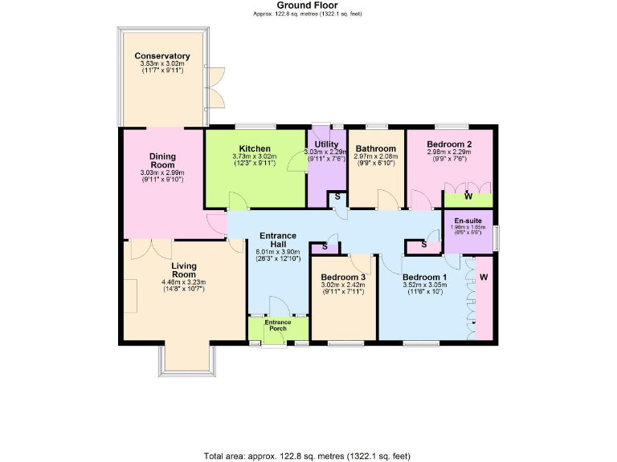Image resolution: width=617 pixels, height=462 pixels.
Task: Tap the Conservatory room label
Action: coord(162,56)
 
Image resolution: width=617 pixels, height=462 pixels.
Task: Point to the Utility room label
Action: coord(326,144)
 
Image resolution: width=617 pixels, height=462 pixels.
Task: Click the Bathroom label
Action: coord(375,148)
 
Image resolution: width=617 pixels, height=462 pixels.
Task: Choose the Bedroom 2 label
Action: coord(449,144)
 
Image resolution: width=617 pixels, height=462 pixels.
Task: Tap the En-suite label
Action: coord(468,221)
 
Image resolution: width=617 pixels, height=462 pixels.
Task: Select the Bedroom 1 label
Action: coord(425,276)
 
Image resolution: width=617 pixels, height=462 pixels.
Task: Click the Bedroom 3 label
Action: coord(343,276)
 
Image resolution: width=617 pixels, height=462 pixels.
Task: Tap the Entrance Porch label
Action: coord(278,326)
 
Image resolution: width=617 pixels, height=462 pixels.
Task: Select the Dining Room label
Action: coord(161,160)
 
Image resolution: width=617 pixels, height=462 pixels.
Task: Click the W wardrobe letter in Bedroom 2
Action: coord(468,197)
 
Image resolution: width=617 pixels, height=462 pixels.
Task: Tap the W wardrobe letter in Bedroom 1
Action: coord(484,278)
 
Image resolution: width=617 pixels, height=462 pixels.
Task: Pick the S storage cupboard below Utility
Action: coord(337,197)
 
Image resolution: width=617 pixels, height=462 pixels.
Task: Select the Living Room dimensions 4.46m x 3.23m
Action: coord(183,282)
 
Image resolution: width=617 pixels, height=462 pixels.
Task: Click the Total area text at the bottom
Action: coord(308,455)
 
